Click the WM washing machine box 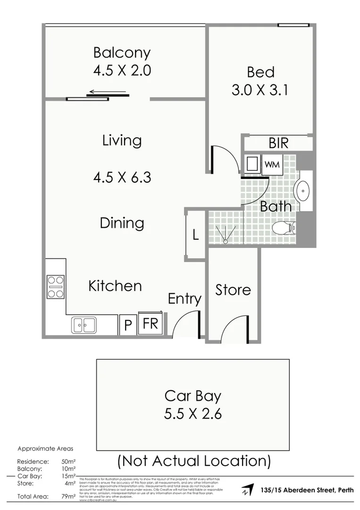click(x=271, y=164)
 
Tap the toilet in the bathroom click(x=284, y=228)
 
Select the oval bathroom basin click(x=301, y=191)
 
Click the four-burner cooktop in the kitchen click(x=55, y=287)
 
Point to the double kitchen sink click(x=84, y=325)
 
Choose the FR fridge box click(x=151, y=324)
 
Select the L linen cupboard click(x=195, y=235)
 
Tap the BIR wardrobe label click(x=278, y=143)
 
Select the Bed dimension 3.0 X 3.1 click(x=260, y=90)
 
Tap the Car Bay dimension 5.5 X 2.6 click(x=193, y=414)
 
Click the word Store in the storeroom click(x=233, y=289)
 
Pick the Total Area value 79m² click(x=69, y=496)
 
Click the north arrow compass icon click(x=245, y=489)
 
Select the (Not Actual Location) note click(x=194, y=460)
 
